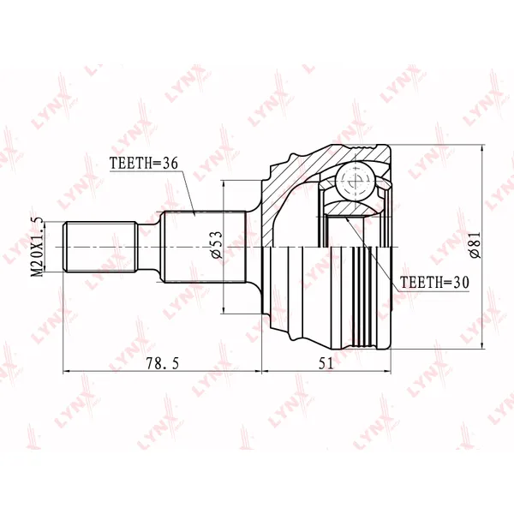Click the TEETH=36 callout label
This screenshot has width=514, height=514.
click(144, 163)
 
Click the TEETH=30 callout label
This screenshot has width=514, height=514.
click(434, 282)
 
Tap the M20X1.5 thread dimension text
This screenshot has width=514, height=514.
click(38, 247)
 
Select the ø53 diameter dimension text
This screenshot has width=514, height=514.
click(217, 244)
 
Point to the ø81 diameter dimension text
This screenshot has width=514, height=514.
click(475, 244)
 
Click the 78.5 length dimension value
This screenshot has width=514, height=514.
click(163, 363)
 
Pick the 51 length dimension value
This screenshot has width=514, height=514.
click(326, 363)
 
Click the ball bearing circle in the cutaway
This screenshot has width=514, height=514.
click(356, 182)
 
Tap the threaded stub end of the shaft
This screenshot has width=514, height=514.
click(100, 247)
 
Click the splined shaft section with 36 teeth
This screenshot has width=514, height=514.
click(205, 247)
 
